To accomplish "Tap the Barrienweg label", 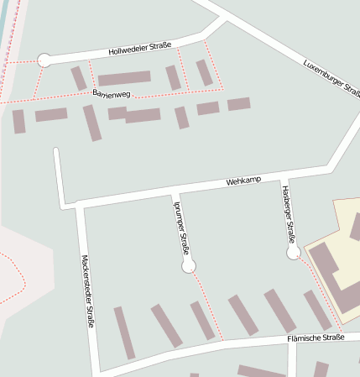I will (x=112, y=92).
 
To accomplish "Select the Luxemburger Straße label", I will (x=332, y=77).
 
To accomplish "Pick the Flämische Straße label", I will (x=316, y=338).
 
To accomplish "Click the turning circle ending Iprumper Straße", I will (x=189, y=266).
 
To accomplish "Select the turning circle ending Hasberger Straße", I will (x=294, y=252).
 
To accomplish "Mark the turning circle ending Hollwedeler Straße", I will (x=44, y=60).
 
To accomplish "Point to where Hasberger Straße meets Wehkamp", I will (x=282, y=177).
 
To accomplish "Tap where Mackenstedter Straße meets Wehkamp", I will (x=78, y=203).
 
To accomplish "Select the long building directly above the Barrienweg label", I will (x=123, y=78).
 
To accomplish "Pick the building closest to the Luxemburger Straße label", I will (x=238, y=104).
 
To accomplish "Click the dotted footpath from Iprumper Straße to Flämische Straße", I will (x=207, y=304).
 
